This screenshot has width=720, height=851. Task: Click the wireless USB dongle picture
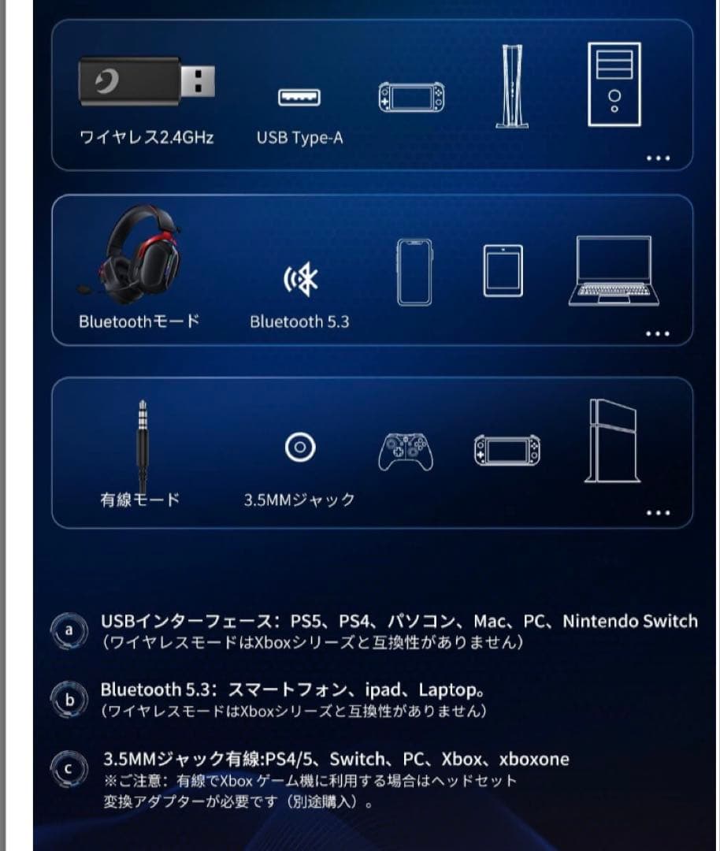point(147,81)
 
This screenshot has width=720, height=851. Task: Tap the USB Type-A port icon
point(299,98)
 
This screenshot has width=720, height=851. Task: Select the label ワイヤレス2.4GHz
point(147,138)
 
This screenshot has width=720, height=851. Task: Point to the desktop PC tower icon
point(614,84)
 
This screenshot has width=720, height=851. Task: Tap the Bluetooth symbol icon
point(300,280)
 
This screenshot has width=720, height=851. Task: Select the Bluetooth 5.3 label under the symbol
point(299,321)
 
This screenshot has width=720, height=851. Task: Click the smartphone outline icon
point(414,271)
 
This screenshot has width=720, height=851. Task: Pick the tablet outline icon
point(503,271)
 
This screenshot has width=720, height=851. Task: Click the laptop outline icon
point(611,270)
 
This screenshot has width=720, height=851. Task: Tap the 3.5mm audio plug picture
point(143,445)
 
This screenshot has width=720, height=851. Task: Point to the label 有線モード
point(140,500)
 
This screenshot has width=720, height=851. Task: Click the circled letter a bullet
point(69,631)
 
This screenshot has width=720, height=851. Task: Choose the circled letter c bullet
point(69,769)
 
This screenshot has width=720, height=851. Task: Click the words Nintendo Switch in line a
point(630,621)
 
